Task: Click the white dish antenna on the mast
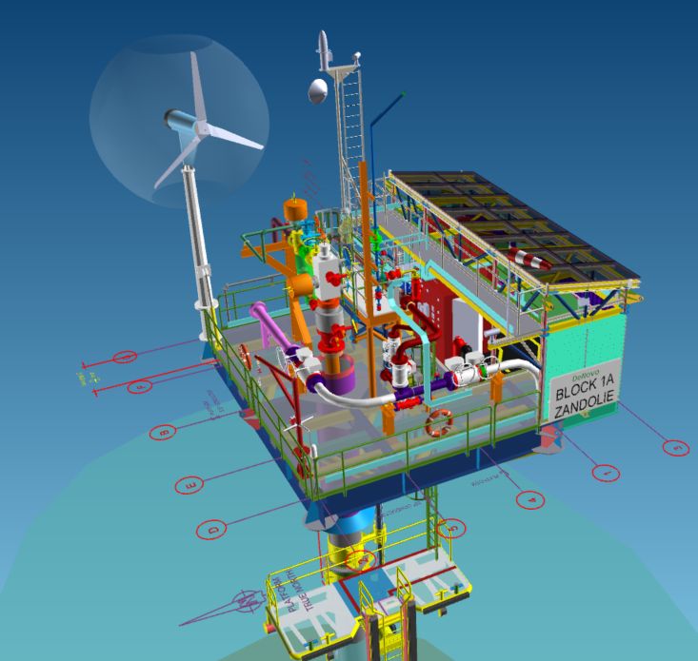(x=317, y=91)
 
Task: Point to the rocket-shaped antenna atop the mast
(x=324, y=48)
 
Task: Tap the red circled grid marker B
(x=163, y=433)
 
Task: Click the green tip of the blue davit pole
(x=403, y=96)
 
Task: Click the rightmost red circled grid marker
(x=675, y=447)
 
